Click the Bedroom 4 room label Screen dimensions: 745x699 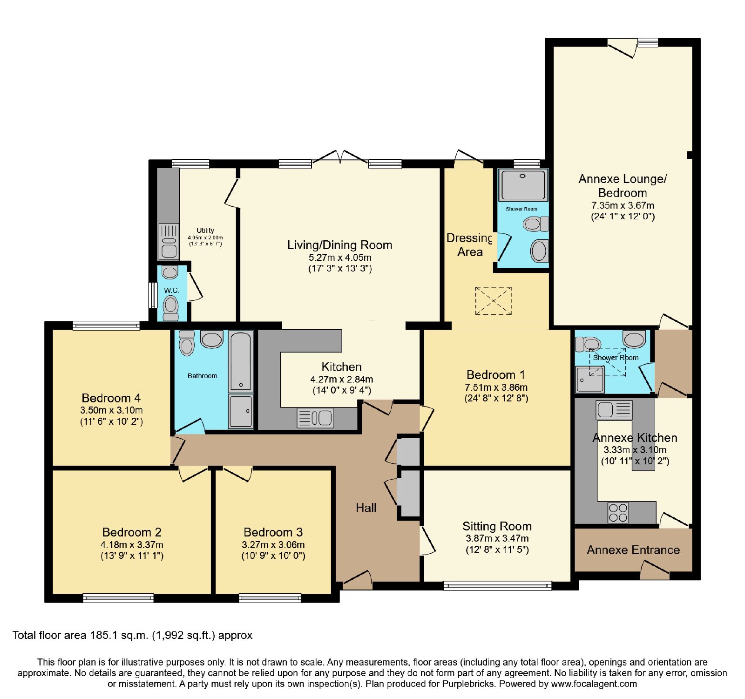coord(111,398)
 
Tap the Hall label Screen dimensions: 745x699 coord(366,508)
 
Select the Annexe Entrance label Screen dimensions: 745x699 coord(633,550)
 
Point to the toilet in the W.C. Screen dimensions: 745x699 coord(171,307)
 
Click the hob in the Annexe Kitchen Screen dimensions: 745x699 coord(618,513)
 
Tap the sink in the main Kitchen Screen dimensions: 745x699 coord(315,418)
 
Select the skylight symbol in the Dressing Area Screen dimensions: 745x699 coord(493,301)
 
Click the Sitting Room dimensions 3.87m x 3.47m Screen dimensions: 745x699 coord(497,538)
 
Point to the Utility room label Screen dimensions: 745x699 coord(205,230)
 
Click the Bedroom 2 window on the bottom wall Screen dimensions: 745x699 coord(118,598)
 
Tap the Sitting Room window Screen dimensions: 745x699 coord(497,586)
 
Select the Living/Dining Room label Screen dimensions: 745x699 coord(339,245)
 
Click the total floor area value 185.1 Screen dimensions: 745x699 coord(103,635)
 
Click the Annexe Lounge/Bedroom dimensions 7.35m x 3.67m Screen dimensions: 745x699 coord(623,205)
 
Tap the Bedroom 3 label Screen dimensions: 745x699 coord(273,532)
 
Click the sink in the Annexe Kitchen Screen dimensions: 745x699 coord(614,410)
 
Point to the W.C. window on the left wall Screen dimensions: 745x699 coord(152,295)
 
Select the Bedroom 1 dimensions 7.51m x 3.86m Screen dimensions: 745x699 coord(496,387)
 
